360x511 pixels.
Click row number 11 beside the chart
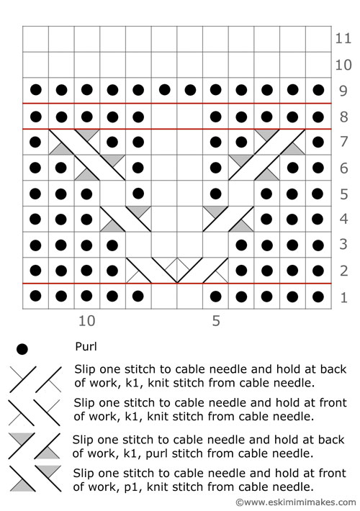click(343, 38)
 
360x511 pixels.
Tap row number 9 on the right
click(343, 91)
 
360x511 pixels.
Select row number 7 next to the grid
click(343, 142)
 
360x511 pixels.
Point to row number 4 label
click(343, 219)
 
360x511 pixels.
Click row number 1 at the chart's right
click(344, 297)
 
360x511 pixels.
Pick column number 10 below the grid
click(86, 321)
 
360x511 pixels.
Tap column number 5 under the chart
click(216, 321)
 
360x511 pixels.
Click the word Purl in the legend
click(86, 346)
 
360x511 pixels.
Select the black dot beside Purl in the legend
click(22, 349)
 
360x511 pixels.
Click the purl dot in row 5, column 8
click(138, 194)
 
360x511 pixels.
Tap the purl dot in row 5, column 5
click(215, 194)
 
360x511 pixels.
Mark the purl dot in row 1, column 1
click(318, 297)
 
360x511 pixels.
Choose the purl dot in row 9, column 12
click(35, 90)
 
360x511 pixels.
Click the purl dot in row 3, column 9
click(112, 245)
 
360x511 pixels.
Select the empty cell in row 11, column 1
click(318, 39)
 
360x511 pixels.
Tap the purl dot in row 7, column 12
click(35, 142)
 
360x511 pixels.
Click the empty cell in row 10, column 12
click(35, 65)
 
